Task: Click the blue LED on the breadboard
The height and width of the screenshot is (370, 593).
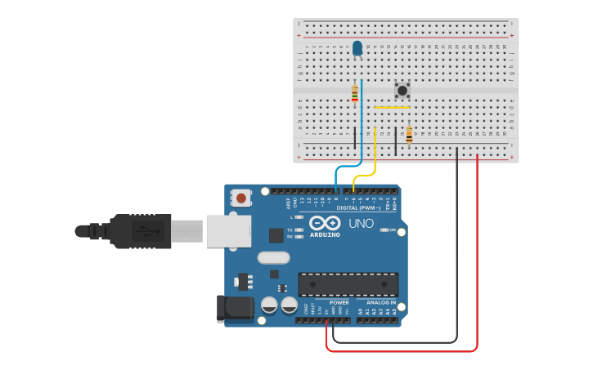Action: click(x=357, y=48)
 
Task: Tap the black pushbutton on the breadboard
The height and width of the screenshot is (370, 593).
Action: click(x=402, y=90)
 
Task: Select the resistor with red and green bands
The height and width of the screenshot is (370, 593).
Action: click(x=354, y=94)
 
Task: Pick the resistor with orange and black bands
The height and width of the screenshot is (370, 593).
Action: click(x=409, y=134)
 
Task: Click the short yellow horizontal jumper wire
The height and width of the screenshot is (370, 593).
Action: click(x=392, y=107)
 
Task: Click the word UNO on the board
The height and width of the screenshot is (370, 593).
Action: click(x=361, y=223)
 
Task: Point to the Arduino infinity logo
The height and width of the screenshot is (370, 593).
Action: click(x=325, y=222)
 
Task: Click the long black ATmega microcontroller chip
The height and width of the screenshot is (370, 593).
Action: click(x=348, y=284)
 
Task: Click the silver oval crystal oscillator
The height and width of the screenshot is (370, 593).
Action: click(x=273, y=258)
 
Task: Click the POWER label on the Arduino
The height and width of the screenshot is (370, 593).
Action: click(x=339, y=302)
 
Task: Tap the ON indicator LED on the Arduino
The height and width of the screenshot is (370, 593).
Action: click(x=384, y=230)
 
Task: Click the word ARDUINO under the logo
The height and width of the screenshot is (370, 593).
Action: click(x=325, y=234)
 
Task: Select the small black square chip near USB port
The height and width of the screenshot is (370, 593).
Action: click(x=276, y=235)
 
